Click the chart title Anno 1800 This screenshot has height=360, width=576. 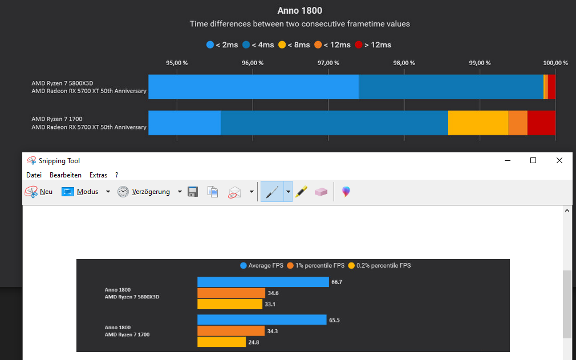tap(299, 11)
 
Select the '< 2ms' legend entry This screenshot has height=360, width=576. tap(222, 45)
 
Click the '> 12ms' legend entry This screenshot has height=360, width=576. tap(373, 45)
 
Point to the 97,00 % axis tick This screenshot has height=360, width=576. tap(328, 63)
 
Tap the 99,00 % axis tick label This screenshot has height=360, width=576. tap(480, 63)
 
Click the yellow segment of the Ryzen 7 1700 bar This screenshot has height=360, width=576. tap(478, 123)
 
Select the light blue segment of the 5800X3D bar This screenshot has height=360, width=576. tap(253, 87)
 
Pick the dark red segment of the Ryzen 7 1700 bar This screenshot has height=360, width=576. tap(541, 123)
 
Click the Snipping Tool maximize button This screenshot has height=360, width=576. tap(533, 160)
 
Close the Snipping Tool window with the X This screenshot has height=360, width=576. tap(559, 160)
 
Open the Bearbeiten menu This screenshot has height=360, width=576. tap(66, 175)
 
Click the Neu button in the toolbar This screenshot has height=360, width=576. tap(39, 192)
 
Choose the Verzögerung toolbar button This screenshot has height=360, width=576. tap(144, 192)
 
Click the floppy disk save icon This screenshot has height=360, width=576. tap(193, 192)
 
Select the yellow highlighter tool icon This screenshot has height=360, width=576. tap(302, 192)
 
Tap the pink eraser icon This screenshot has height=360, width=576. tap(321, 192)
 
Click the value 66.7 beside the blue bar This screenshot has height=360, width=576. tap(336, 282)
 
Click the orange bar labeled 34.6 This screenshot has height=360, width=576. tap(231, 293)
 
